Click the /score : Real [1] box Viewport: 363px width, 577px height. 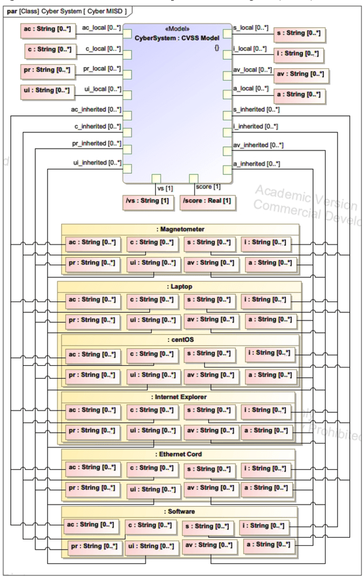(206, 200)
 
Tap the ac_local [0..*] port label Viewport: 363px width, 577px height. (102, 27)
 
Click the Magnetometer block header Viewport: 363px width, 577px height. (179, 229)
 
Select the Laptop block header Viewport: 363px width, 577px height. (179, 286)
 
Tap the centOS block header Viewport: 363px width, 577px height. (179, 340)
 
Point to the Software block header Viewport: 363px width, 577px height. (179, 511)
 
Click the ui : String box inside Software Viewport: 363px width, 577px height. (150, 546)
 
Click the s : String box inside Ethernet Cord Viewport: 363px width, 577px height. (209, 469)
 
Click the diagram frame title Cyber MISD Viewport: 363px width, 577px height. (108, 10)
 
